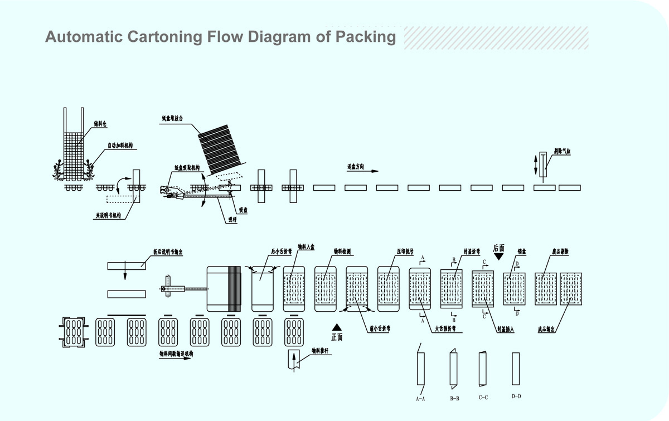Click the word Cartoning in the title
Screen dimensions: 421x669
162,37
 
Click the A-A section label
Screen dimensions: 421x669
420,399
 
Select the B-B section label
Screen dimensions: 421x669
454,399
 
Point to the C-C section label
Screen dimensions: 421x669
483,398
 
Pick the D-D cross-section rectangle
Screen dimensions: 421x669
516,369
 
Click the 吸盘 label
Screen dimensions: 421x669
243,210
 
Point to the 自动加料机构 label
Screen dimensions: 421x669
120,146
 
